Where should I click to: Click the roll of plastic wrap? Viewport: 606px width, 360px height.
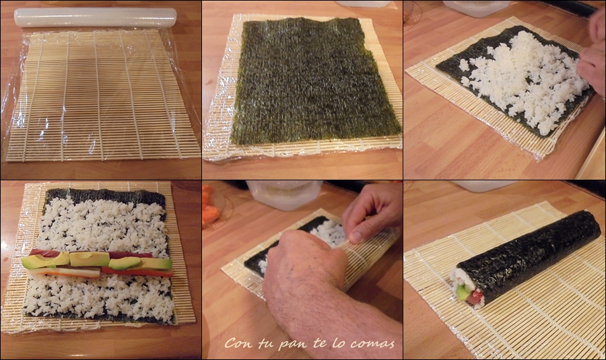click(x=95, y=17)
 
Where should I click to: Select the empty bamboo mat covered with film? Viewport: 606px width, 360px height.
click(x=101, y=95)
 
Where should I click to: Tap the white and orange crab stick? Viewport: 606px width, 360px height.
click(x=64, y=273)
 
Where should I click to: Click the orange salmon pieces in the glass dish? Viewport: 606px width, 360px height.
click(x=211, y=205)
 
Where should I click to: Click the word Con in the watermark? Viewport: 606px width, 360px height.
click(x=237, y=343)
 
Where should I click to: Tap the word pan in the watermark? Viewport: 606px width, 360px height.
click(x=291, y=344)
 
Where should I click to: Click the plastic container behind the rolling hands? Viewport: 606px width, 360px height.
click(x=284, y=195)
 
